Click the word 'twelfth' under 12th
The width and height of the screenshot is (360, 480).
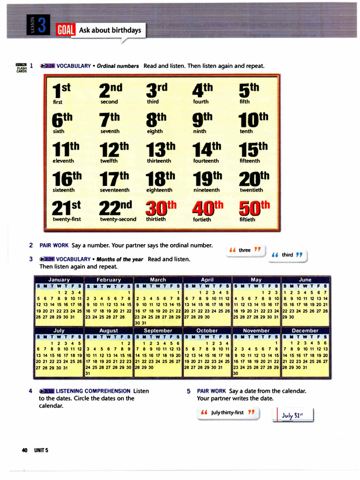click(x=109, y=161)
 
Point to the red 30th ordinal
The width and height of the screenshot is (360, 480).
click(x=160, y=207)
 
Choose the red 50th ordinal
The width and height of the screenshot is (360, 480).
click(x=254, y=207)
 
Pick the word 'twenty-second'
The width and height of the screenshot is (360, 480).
click(x=118, y=219)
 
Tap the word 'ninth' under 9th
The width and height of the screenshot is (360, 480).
click(x=199, y=131)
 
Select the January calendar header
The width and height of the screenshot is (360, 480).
click(x=59, y=279)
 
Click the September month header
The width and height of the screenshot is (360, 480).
click(x=158, y=330)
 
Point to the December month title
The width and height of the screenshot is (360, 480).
click(x=305, y=330)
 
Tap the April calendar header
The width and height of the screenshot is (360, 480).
click(x=207, y=279)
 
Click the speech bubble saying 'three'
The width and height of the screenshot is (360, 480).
click(x=245, y=250)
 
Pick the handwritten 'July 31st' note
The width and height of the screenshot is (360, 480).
click(x=292, y=415)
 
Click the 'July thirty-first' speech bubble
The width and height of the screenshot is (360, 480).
click(x=227, y=412)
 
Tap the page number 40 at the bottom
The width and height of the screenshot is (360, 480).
click(x=25, y=450)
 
